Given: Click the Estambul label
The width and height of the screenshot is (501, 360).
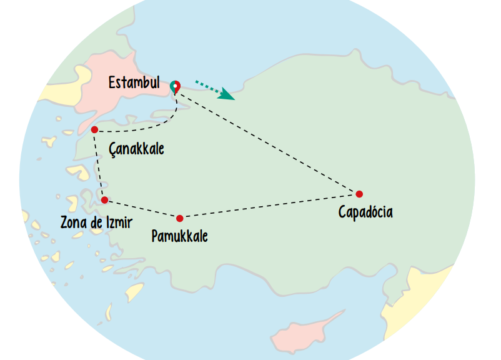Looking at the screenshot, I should pos(134,83).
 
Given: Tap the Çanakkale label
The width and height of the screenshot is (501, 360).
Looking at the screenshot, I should pos(136,149).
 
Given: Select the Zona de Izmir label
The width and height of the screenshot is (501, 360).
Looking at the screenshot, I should pos(96,222).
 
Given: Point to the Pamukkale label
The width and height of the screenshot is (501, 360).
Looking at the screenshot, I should pos(180,236).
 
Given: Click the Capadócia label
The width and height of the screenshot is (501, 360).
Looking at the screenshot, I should pos(365,212).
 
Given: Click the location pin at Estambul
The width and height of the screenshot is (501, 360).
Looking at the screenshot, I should pos(176,87).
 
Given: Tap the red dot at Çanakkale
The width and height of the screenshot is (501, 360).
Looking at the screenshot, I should pos(94,129).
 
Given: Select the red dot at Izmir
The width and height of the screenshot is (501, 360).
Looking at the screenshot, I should pos(104,200).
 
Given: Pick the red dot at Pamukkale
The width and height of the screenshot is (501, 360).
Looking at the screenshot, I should pos(180,218).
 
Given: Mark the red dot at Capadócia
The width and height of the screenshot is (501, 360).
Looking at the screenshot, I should pos(359,194).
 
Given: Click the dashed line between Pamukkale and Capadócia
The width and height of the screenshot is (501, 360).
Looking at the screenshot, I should pos(269,206).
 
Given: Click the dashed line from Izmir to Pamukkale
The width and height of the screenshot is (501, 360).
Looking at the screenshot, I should pos(142,209).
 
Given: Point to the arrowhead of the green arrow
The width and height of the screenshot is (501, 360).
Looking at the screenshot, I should pos(229,96).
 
